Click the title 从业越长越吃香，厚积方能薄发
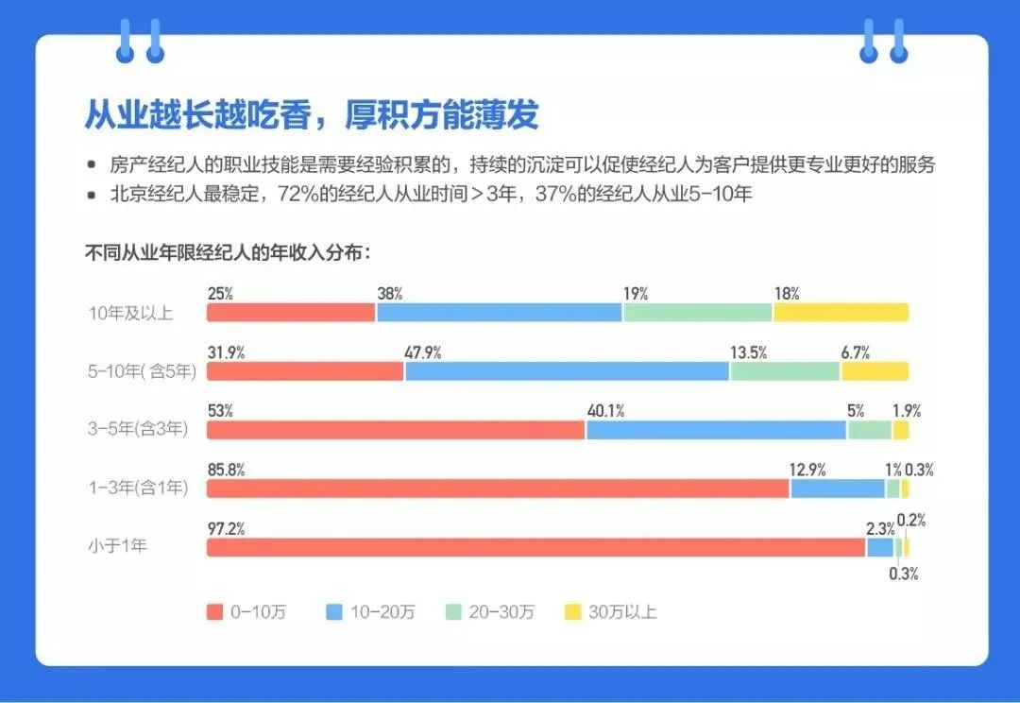[x=312, y=114]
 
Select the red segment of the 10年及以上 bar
[x=291, y=313]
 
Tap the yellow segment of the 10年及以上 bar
[x=841, y=313]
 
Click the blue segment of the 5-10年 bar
[x=567, y=371]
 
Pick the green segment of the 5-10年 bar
[x=785, y=371]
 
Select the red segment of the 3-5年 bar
[x=396, y=430]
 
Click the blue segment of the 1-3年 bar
[x=837, y=489]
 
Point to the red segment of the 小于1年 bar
[x=535, y=547]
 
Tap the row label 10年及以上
[x=130, y=314]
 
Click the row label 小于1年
[x=117, y=546]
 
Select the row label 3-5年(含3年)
[x=138, y=430]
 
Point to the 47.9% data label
[x=423, y=352]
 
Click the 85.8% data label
[x=226, y=470]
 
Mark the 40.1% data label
[x=605, y=411]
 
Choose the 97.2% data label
[x=226, y=528]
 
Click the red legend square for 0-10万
[x=214, y=611]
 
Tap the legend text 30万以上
[x=622, y=611]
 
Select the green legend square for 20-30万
[x=452, y=611]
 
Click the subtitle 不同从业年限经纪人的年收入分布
[x=228, y=252]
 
